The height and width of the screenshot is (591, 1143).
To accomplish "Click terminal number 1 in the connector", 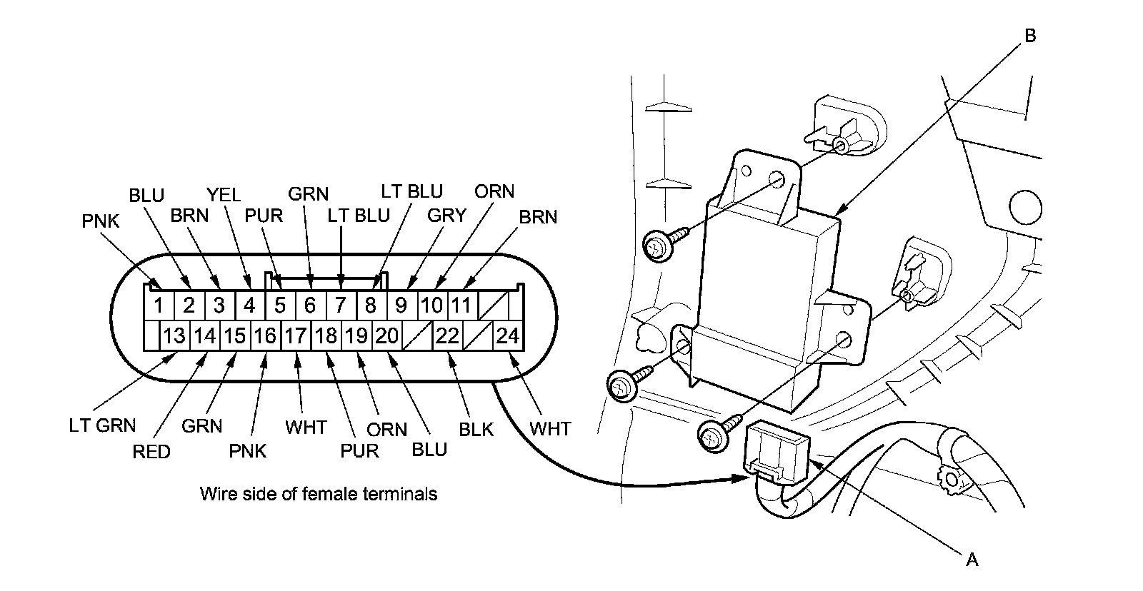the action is (x=159, y=305).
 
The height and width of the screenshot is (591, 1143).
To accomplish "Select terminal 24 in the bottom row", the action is (x=508, y=335).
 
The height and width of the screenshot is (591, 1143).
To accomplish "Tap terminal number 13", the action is (x=174, y=335).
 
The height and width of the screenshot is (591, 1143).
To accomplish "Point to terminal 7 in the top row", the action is (x=340, y=305).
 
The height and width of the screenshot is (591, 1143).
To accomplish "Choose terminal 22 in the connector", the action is (x=447, y=335).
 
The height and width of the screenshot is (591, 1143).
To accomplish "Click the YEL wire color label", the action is (x=224, y=195).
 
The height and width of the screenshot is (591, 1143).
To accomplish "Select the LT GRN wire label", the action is (x=103, y=425).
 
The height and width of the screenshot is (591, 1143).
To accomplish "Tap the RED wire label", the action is (x=151, y=452).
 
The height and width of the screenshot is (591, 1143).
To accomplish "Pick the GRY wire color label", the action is (x=446, y=216).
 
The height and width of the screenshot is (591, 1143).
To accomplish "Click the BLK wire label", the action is (x=476, y=430).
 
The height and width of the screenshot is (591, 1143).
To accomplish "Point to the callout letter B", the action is (x=1030, y=36).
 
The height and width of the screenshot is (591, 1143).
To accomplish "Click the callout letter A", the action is (x=972, y=560).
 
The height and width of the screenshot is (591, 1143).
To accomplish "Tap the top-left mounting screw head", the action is (x=657, y=246).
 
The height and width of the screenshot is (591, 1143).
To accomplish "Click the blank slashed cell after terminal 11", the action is (x=493, y=305).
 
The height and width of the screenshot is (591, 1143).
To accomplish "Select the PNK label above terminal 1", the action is (x=101, y=221).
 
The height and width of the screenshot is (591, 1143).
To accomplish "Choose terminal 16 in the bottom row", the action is (x=265, y=335).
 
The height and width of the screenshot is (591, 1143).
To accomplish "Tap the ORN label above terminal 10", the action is (x=494, y=191).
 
